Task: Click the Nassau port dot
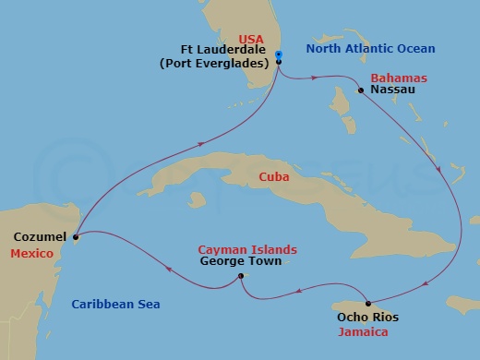tap(361, 91)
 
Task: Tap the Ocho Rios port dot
tap(367, 304)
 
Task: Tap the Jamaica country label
tap(364, 330)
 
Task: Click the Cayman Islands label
tap(247, 249)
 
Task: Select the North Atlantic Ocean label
tap(371, 48)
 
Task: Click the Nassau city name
tap(390, 90)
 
